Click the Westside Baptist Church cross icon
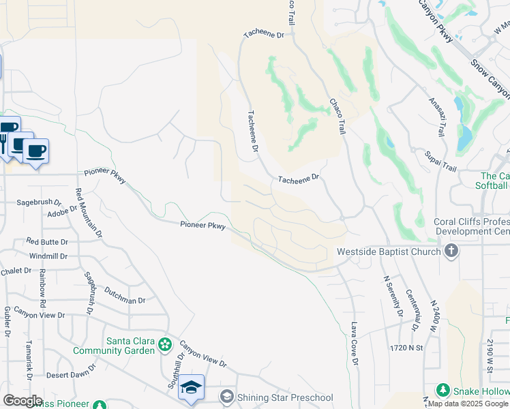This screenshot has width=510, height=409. [x=451, y=252]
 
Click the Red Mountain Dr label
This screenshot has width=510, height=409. [x=88, y=213]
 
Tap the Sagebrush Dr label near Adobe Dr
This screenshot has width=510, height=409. [x=38, y=202]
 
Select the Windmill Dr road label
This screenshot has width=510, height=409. [x=48, y=256]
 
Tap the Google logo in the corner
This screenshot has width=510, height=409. [x=22, y=401]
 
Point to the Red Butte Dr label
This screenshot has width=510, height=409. [x=47, y=242]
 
